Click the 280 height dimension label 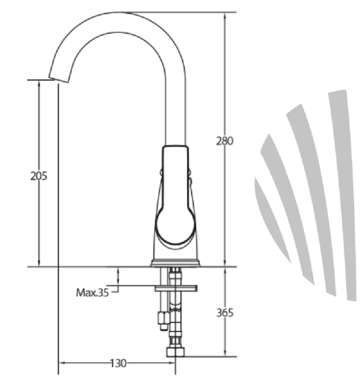point(225,141)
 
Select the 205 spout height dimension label point(39,176)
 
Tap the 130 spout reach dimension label point(118,363)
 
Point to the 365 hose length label point(225,313)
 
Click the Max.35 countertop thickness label point(93,293)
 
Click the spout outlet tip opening point(58,79)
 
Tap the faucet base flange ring point(175,263)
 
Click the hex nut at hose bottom point(175,352)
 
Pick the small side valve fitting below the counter point(164,320)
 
